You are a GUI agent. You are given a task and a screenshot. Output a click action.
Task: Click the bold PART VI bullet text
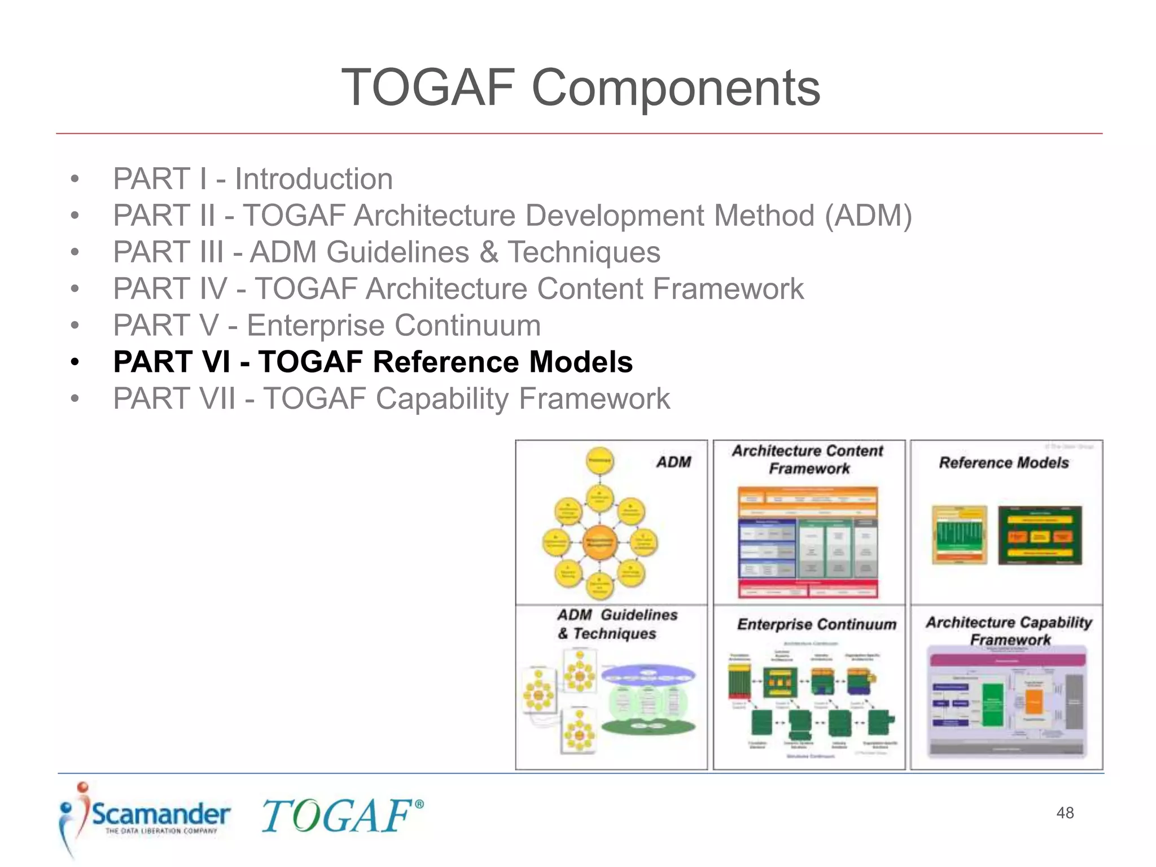tap(373, 362)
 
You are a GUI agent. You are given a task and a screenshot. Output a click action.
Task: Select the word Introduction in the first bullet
tap(314, 179)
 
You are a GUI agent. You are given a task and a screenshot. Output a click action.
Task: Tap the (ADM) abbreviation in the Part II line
tap(868, 216)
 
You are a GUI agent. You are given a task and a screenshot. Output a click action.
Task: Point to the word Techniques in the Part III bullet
tap(584, 252)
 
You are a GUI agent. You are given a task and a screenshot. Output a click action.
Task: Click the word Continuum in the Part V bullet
tap(467, 326)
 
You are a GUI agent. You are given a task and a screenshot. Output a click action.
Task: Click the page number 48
tap(1065, 813)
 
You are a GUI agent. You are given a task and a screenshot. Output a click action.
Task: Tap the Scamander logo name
tap(161, 814)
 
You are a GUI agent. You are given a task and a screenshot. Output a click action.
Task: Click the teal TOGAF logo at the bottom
tap(341, 816)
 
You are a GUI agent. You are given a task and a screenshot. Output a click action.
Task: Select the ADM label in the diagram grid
tap(673, 462)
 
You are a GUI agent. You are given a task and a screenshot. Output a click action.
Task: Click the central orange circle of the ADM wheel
tap(599, 542)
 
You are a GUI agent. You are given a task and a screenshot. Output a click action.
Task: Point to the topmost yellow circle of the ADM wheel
tap(599, 461)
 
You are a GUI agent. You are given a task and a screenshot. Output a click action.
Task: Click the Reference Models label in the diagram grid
tap(1004, 463)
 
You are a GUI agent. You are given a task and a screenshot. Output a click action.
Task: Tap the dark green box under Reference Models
tap(1040, 535)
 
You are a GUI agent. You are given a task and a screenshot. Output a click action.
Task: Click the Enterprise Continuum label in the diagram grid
tap(816, 624)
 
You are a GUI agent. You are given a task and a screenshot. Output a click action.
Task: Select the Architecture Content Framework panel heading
tap(808, 459)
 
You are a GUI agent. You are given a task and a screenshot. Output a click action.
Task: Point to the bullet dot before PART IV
tap(75, 289)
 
